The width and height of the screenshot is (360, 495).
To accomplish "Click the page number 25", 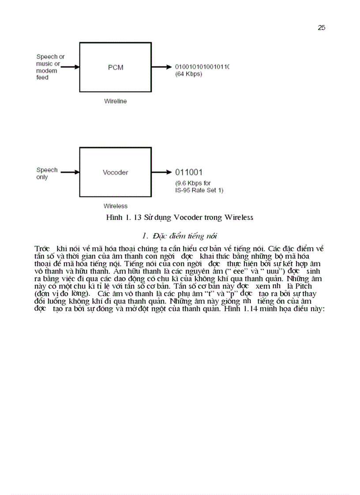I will coord(321,28).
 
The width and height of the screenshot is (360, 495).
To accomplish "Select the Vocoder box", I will coord(116,172).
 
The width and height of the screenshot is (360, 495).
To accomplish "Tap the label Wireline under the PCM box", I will coord(115,101).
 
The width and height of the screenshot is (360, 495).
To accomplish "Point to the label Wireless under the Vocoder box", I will coord(115,206).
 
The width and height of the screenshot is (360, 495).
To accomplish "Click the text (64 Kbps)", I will coord(188,74).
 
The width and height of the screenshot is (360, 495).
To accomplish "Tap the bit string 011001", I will coord(189,172).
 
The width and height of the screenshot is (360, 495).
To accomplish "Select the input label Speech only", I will coord(47,174).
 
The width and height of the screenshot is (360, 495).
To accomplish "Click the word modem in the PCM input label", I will coord(43,71).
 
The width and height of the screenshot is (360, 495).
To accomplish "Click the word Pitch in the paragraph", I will coord(304,286).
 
